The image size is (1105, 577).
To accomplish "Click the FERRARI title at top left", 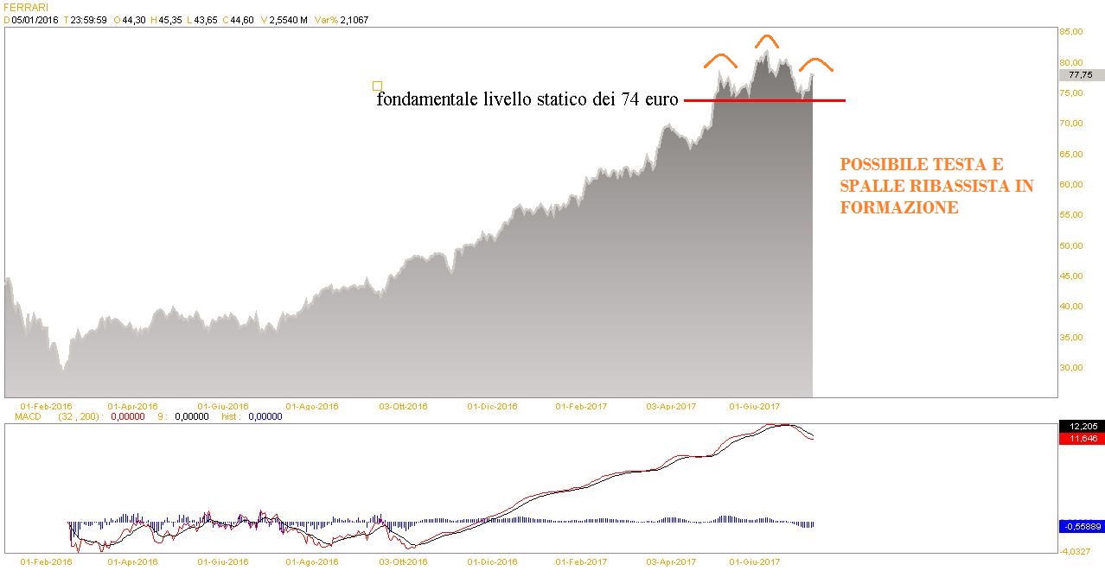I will [x=26, y=7].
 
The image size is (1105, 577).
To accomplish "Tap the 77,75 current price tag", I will [x=1081, y=74].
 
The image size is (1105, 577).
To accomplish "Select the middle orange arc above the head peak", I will [x=764, y=40].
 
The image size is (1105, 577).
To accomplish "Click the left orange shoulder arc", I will [x=719, y=60].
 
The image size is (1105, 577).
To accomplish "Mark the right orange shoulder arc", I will [x=815, y=63].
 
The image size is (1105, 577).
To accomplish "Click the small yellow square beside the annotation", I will [x=377, y=86].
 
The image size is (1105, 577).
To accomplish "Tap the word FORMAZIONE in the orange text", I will [x=898, y=208].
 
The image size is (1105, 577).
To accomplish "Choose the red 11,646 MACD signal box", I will [x=1081, y=439].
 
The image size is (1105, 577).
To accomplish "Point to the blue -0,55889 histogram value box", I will [x=1081, y=525].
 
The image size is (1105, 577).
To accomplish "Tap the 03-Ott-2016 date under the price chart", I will [x=403, y=405].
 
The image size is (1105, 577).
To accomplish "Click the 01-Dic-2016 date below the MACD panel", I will [x=492, y=561].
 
